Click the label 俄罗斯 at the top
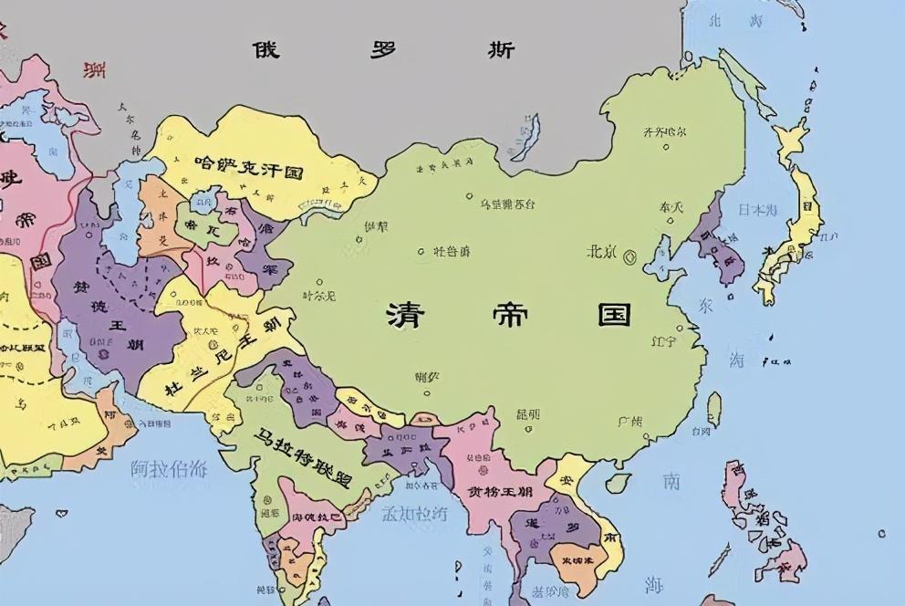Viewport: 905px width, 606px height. pyautogui.click(x=383, y=49)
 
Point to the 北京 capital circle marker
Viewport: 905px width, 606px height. pyautogui.click(x=629, y=258)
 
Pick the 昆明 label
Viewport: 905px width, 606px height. pyautogui.click(x=527, y=414)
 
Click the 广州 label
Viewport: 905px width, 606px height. pyautogui.click(x=629, y=422)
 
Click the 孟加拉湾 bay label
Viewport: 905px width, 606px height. pyautogui.click(x=416, y=514)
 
